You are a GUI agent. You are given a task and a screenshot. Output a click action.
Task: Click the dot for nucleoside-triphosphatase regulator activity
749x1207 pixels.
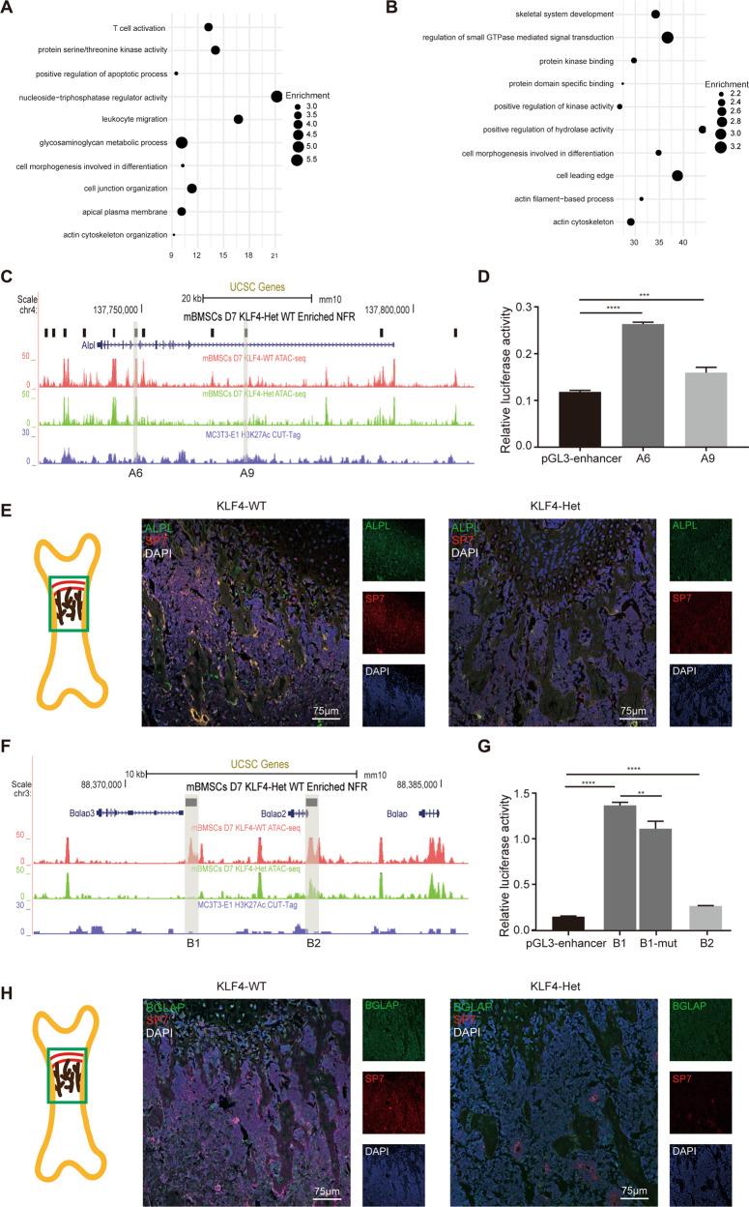tap(276, 96)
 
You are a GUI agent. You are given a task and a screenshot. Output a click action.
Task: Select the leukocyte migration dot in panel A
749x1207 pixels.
tap(238, 119)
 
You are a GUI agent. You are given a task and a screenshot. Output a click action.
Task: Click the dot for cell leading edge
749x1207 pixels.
tap(677, 175)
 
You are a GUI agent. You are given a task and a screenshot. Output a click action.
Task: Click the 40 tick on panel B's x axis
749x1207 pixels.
tap(683, 245)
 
